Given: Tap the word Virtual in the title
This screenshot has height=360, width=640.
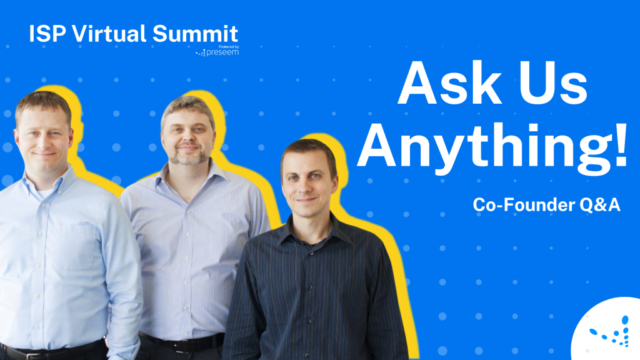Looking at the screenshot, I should (110, 34).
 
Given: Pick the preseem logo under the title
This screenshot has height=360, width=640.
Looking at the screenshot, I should (218, 53).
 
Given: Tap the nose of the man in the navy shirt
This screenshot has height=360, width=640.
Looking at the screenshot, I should (306, 184).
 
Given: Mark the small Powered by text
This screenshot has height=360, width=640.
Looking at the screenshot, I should (226, 46).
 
